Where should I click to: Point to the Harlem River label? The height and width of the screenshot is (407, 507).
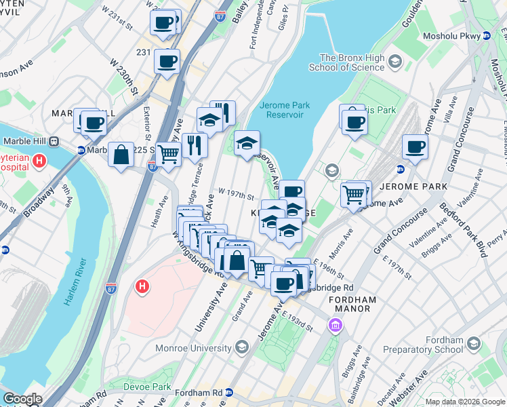73,282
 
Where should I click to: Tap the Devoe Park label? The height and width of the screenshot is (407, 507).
148,387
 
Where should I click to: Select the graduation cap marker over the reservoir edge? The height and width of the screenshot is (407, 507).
247,143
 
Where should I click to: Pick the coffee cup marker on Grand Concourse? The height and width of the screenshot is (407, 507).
415,146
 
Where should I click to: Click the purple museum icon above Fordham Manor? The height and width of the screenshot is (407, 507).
334,326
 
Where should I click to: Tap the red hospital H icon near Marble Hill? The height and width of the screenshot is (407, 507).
39,161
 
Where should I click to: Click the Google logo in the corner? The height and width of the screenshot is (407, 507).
22,399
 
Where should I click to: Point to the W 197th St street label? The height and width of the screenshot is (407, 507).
235,196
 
